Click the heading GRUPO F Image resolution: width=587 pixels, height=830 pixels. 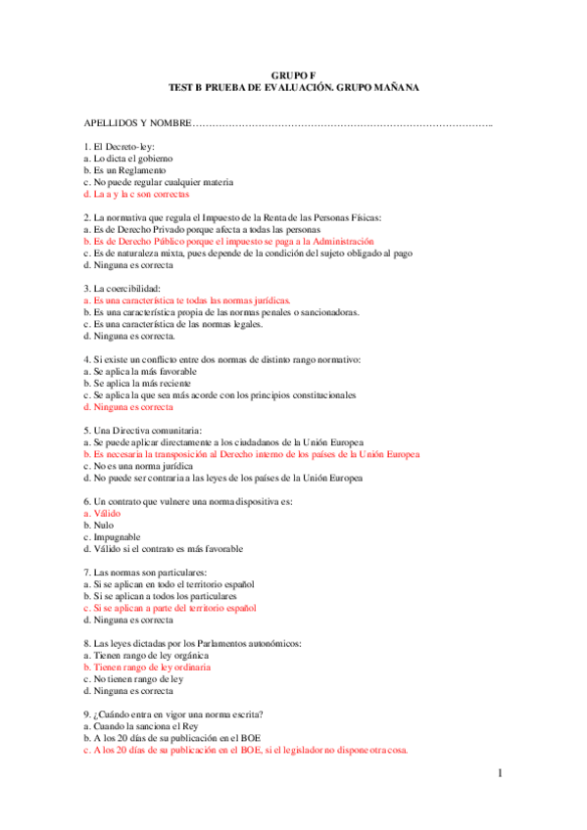(x=293, y=74)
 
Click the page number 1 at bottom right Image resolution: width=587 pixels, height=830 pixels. (x=500, y=773)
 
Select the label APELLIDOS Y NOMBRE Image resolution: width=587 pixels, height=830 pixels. (x=137, y=123)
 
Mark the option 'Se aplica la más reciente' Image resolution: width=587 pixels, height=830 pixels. (x=139, y=384)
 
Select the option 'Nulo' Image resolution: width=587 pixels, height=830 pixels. (x=98, y=526)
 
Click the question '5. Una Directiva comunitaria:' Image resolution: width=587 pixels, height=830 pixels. (x=143, y=431)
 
